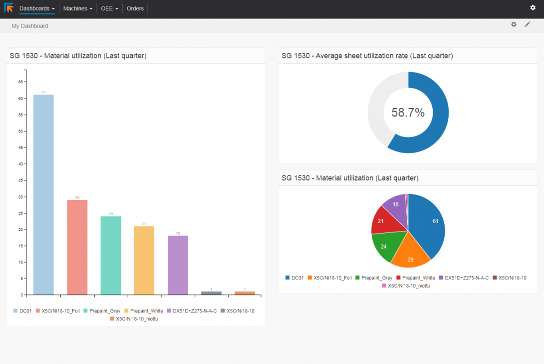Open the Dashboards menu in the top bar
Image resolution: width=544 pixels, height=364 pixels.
coord(37,8)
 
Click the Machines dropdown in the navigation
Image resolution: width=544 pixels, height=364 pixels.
coord(77,8)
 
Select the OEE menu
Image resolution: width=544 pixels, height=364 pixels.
coord(109,8)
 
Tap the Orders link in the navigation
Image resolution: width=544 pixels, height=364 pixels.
coord(135,8)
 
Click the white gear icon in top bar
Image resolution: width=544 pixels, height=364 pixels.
coord(533,7)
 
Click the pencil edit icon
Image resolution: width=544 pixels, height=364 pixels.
coord(528,24)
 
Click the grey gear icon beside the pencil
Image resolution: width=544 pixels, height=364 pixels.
coord(514,24)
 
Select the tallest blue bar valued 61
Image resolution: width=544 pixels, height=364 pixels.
coord(43,195)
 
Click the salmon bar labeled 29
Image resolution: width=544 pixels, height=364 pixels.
coord(77,247)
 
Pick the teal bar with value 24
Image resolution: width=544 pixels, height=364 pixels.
coord(111,255)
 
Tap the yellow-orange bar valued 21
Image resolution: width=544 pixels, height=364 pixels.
coord(144,260)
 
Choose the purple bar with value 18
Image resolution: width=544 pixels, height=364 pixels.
coord(178,265)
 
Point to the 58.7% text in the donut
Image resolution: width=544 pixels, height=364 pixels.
coord(408,112)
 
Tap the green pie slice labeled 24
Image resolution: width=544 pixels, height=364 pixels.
coord(385,247)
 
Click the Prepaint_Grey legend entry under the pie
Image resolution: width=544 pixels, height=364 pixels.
coord(374,277)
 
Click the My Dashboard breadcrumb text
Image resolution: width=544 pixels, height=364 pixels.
coord(30,26)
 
